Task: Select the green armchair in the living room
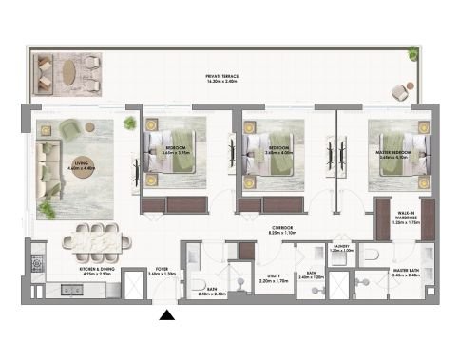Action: click(71, 128)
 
